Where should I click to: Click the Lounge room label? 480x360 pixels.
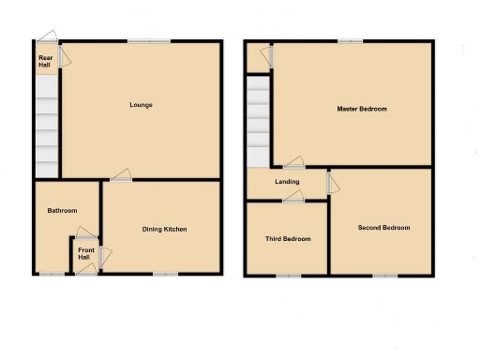(141, 105)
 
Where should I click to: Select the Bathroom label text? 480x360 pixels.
(62, 211)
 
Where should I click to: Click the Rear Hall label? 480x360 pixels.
(44, 61)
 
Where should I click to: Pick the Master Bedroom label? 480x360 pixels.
(362, 109)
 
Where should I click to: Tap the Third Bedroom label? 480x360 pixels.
(288, 239)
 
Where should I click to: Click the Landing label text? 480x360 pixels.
(287, 182)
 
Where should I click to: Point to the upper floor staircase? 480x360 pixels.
(258, 121)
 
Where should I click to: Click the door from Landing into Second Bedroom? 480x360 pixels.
(330, 181)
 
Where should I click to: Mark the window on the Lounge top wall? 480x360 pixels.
(149, 40)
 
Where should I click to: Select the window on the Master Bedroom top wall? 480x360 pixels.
(351, 40)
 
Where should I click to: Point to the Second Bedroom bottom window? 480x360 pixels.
(384, 275)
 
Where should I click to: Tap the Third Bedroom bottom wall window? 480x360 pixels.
(288, 275)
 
